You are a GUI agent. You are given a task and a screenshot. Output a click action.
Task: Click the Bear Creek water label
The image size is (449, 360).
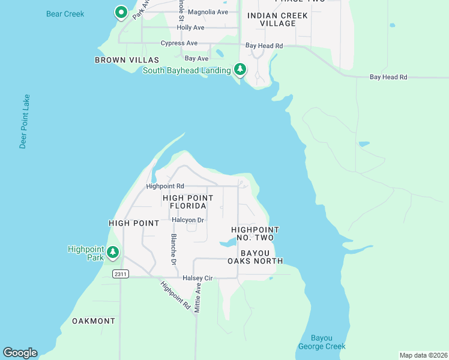click(65, 14)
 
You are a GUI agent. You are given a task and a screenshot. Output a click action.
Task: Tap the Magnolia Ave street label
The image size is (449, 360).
click(208, 12)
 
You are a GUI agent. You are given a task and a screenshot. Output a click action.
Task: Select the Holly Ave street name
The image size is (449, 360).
click(190, 28)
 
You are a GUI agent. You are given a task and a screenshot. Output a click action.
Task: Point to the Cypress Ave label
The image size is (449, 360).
click(179, 43)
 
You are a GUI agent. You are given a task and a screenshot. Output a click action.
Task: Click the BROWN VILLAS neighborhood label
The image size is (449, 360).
click(127, 60)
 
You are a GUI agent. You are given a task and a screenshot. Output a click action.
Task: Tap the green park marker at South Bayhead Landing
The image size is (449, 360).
click(240, 70)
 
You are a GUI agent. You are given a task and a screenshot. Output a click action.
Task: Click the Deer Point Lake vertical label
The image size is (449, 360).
click(24, 121)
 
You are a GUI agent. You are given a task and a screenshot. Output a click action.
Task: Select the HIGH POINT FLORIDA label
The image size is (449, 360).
click(188, 202)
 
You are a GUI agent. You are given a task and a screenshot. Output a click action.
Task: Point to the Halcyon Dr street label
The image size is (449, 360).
click(188, 220)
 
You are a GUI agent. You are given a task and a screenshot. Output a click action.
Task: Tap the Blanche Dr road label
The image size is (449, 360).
click(173, 250)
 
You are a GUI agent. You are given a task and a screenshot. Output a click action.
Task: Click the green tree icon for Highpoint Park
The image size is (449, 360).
click(112, 253)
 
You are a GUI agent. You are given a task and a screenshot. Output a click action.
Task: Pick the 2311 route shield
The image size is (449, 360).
click(120, 274)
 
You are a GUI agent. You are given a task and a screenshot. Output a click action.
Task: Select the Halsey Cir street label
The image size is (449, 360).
click(197, 278)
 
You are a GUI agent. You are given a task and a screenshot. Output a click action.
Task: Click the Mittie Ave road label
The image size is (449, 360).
click(198, 299)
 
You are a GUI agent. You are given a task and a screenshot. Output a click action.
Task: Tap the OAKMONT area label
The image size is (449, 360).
click(93, 321)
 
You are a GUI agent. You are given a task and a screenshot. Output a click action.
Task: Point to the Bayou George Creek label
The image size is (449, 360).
click(322, 342)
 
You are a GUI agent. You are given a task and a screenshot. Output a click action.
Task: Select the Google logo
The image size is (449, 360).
click(20, 353)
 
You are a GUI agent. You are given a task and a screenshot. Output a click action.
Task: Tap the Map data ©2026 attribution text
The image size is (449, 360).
click(423, 355)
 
